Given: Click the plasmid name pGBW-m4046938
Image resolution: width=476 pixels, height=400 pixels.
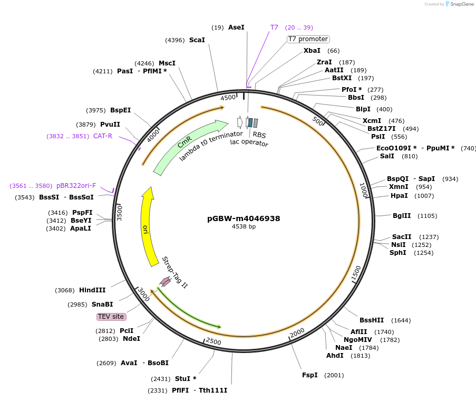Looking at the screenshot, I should pos(244,218).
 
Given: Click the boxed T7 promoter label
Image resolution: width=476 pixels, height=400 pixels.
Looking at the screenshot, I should pos(308,39).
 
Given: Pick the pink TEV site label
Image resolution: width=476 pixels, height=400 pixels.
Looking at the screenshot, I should pos(111,317).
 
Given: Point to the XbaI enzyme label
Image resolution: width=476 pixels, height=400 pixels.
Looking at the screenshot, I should pos(312,51).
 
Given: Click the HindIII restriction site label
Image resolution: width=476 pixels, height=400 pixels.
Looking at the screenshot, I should pos(92,290).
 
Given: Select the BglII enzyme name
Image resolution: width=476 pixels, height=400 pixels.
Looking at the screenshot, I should pos(401,216).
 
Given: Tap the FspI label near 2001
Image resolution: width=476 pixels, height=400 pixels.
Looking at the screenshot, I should pos(310,375).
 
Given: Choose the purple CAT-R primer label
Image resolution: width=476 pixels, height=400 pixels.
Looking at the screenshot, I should pos(103,136).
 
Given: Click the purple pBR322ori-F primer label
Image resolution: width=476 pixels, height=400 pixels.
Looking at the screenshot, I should pos(76,186).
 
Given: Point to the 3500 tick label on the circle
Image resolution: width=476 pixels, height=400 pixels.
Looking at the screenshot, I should pos(120,213).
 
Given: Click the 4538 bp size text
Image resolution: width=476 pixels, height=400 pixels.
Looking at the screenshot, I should pos(244,227).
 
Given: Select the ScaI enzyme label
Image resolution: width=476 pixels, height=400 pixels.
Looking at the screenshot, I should pos(197,40).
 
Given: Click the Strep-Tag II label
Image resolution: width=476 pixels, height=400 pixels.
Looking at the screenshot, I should pos(174,272).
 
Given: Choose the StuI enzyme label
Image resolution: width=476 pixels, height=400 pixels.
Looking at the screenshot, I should pos(182,379).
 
